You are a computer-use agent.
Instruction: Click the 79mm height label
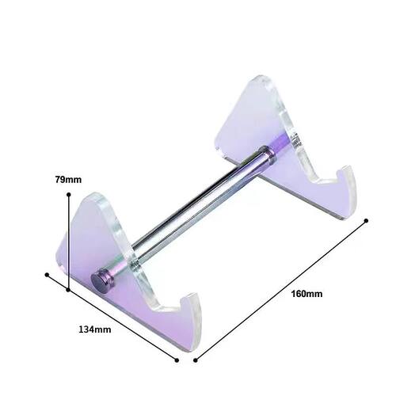(68, 180)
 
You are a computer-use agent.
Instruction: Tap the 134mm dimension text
(95, 329)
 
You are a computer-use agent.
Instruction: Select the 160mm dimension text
(307, 294)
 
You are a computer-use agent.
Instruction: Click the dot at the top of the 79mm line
(69, 195)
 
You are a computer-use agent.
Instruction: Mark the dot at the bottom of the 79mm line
(68, 290)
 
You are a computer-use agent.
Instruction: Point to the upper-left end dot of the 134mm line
(47, 275)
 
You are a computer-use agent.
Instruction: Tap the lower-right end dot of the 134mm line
(177, 360)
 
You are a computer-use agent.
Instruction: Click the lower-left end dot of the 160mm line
(196, 360)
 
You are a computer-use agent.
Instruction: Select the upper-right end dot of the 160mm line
(366, 220)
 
